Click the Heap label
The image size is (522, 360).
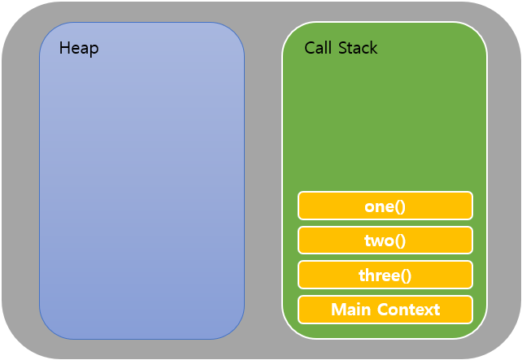pyautogui.click(x=79, y=49)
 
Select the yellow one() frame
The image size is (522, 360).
pyautogui.click(x=385, y=206)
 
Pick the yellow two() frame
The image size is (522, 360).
pyautogui.click(x=385, y=241)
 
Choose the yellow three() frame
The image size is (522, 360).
pyautogui.click(x=385, y=275)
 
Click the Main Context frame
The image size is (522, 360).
pyautogui.click(x=385, y=310)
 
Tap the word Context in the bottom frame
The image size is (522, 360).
pyautogui.click(x=407, y=310)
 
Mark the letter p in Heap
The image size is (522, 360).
pyautogui.click(x=94, y=50)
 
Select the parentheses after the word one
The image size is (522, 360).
pyautogui.click(x=400, y=206)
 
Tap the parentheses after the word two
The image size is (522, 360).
pyautogui.click(x=401, y=241)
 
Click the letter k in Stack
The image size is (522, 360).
pyautogui.click(x=374, y=48)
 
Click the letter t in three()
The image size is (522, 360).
pyautogui.click(x=362, y=275)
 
